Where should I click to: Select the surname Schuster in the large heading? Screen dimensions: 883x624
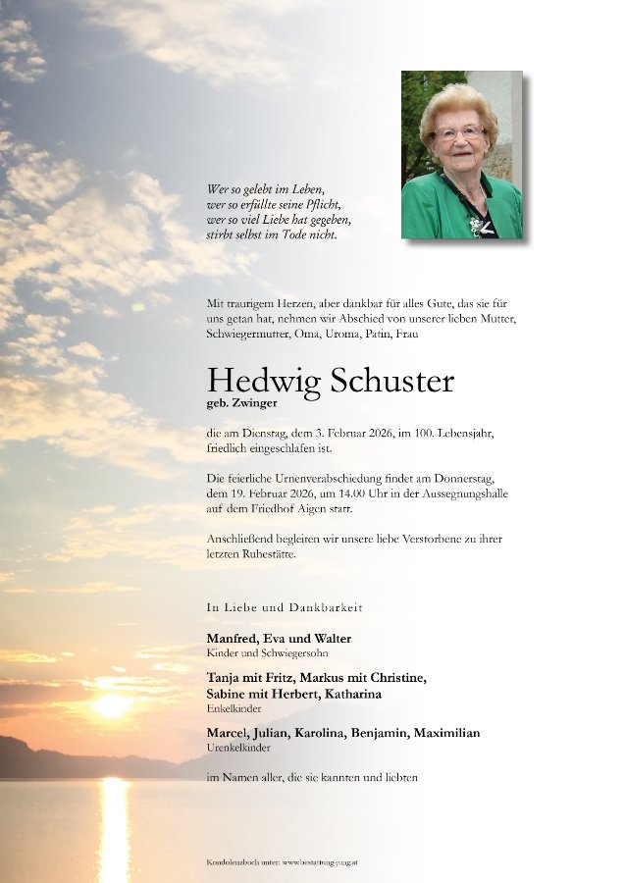point(392,380)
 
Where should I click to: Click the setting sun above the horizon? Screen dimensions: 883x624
point(112,704)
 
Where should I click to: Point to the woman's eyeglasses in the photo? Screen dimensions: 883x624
point(459,131)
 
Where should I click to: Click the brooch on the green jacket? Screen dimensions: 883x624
point(477,225)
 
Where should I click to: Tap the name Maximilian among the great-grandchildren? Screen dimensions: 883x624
point(446,733)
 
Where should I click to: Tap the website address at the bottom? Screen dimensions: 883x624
point(320,861)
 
